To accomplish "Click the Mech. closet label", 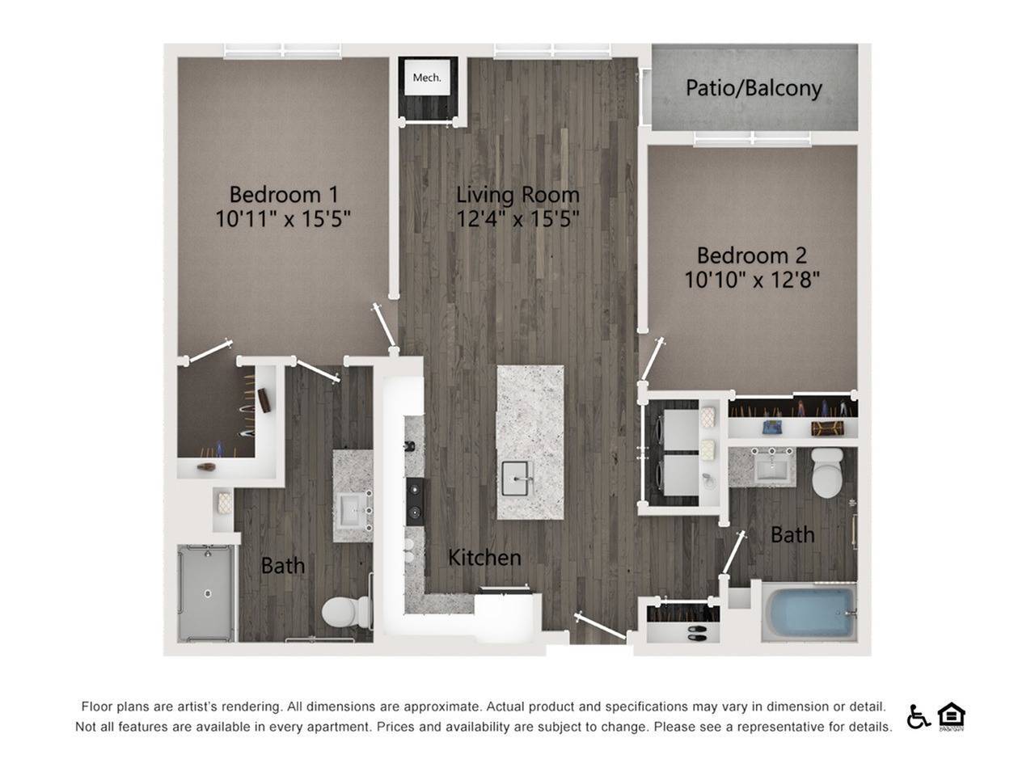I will click(427, 78).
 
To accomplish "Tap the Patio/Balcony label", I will click(754, 87).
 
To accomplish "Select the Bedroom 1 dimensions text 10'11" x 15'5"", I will click(283, 219).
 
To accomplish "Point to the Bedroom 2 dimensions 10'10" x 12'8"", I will click(752, 280).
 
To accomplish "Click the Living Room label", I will click(517, 194).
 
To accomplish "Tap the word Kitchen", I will click(484, 557).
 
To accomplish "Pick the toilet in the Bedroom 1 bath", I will click(343, 612).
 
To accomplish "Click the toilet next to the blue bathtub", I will click(827, 473).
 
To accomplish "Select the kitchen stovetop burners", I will click(414, 501).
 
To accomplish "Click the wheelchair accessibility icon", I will click(919, 716).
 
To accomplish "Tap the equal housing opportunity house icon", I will click(952, 715).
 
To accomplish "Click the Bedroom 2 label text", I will click(751, 255).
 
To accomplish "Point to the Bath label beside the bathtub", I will click(792, 534).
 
